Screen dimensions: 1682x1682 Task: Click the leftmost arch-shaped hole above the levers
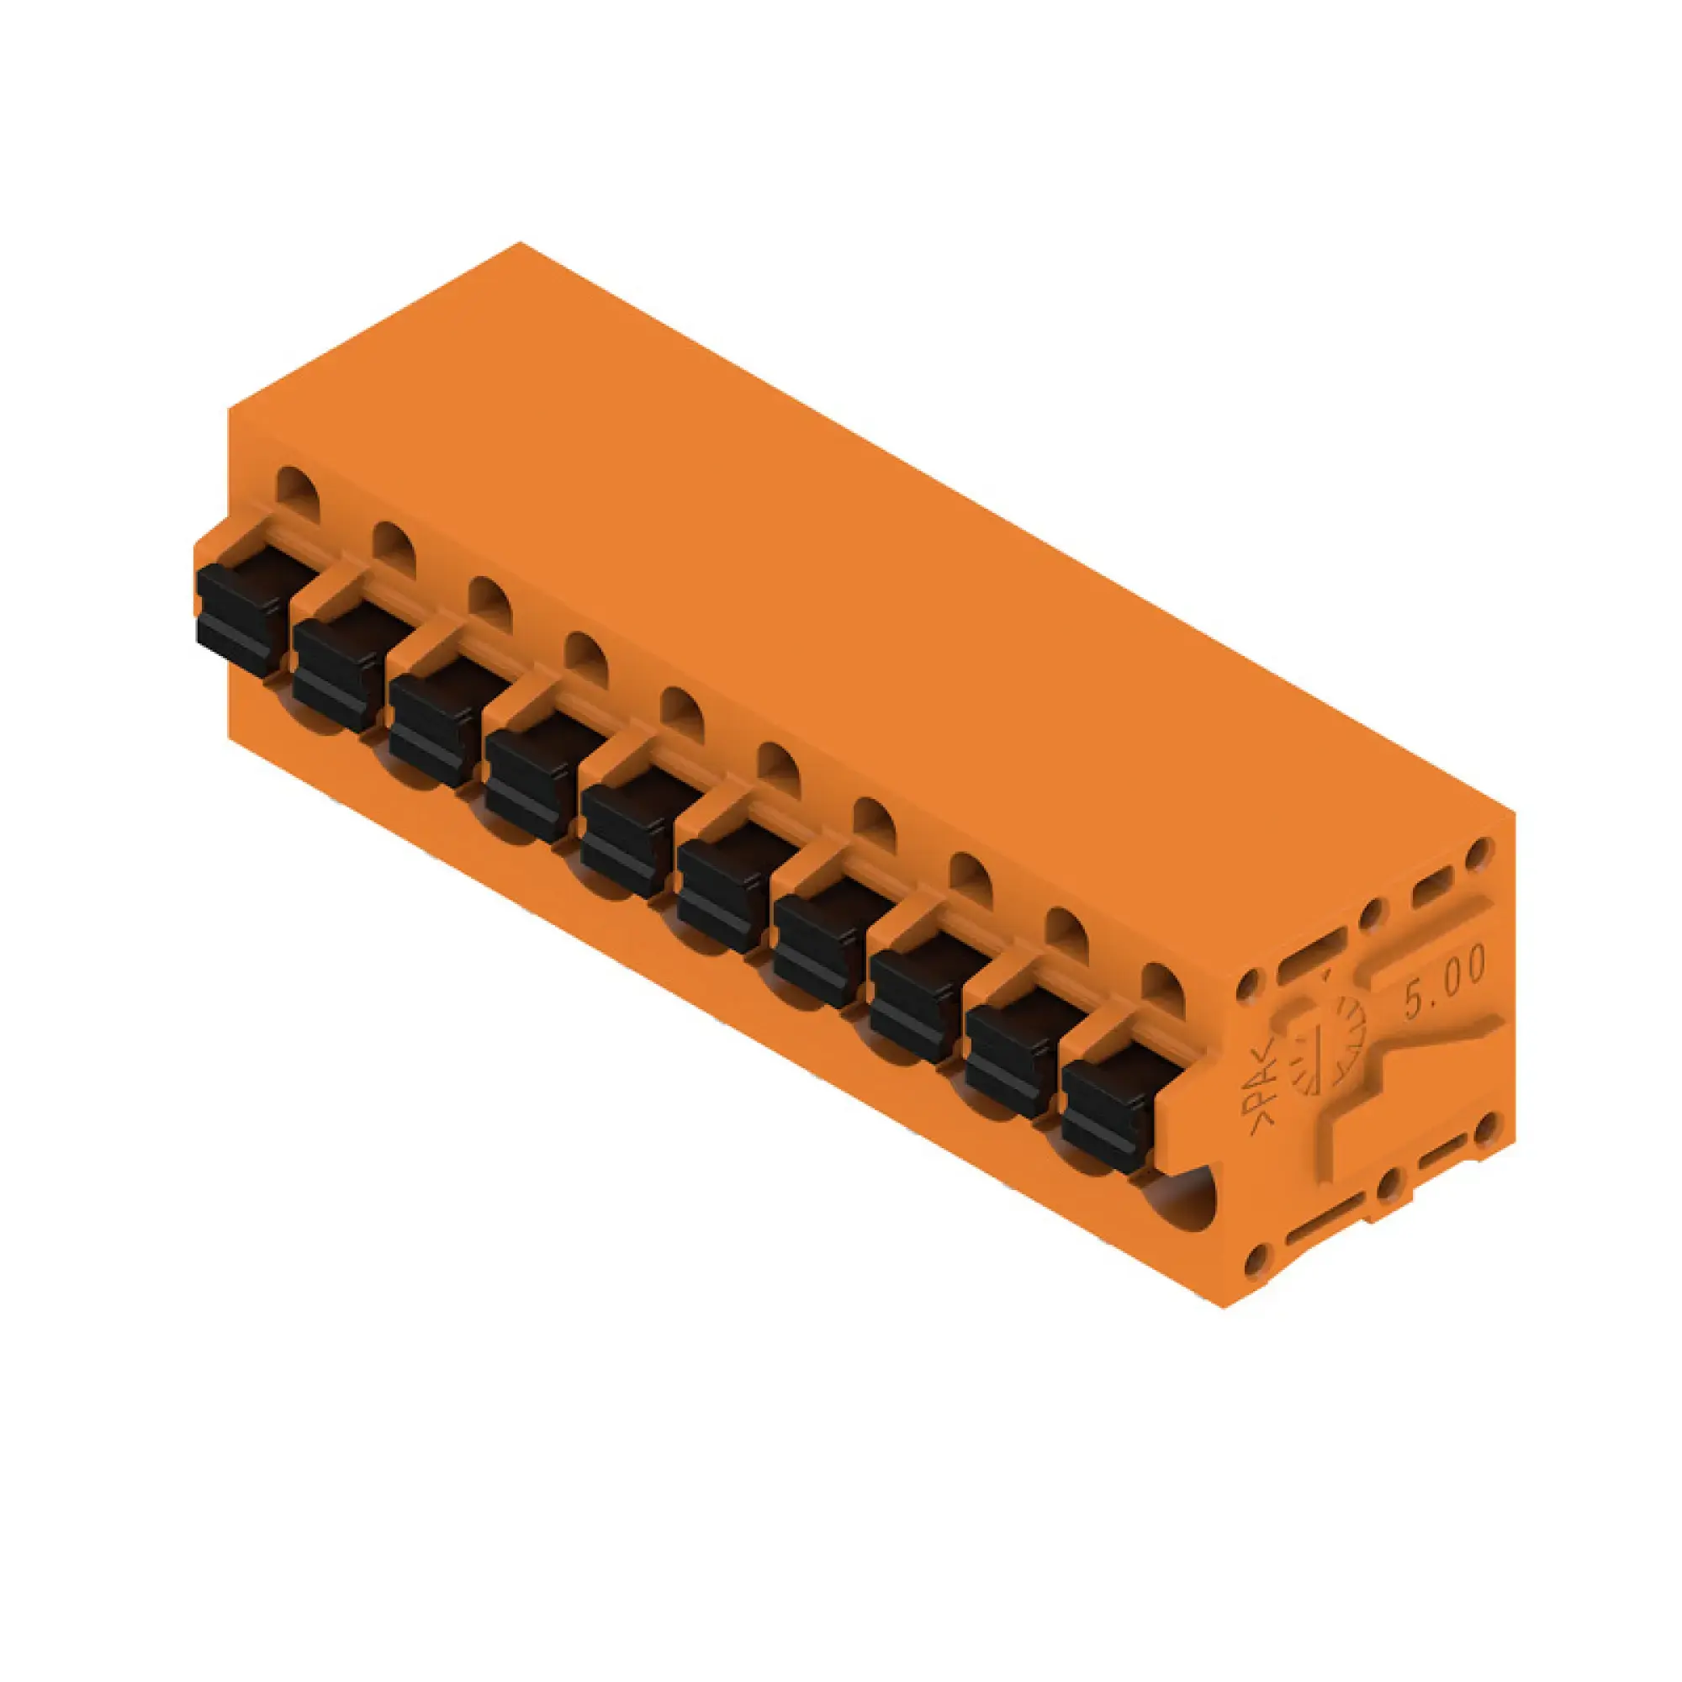point(298,495)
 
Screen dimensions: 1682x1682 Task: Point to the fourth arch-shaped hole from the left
point(585,659)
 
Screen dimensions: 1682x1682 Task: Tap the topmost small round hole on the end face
point(1478,854)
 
